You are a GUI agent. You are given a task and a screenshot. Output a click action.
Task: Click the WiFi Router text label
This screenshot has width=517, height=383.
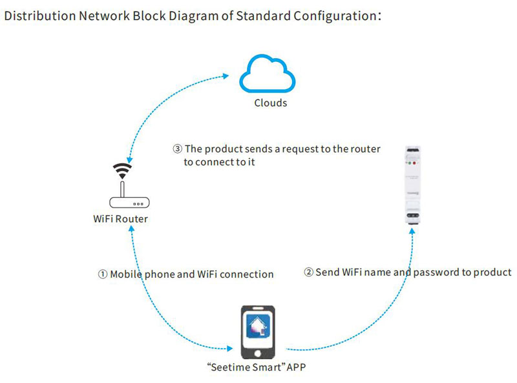point(121,218)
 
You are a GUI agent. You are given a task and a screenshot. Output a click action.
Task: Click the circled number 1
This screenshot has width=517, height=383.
point(103,274)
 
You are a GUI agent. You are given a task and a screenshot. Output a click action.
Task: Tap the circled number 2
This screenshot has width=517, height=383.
point(309,273)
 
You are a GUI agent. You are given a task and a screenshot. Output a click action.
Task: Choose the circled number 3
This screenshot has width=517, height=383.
point(178,149)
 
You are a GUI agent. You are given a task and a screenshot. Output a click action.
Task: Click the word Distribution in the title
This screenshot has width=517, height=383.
point(38,16)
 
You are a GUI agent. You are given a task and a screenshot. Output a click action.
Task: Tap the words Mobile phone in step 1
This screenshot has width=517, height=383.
point(142,274)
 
